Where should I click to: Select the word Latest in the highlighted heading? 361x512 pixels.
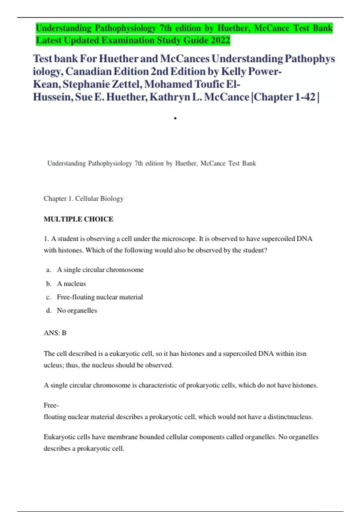pyautogui.click(x=49, y=40)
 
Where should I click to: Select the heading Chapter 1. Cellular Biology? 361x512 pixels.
pyautogui.click(x=84, y=198)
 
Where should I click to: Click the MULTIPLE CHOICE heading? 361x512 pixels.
pyautogui.click(x=79, y=219)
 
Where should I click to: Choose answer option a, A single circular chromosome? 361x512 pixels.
pyautogui.click(x=100, y=270)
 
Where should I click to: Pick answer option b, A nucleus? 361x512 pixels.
pyautogui.click(x=71, y=284)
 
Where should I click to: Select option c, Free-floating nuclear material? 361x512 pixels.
pyautogui.click(x=100, y=297)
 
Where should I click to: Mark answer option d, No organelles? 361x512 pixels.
pyautogui.click(x=77, y=311)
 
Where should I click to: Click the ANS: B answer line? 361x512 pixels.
pyautogui.click(x=55, y=333)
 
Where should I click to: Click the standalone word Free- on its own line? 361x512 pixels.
pyautogui.click(x=51, y=405)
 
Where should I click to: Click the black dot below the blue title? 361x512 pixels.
pyautogui.click(x=175, y=118)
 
